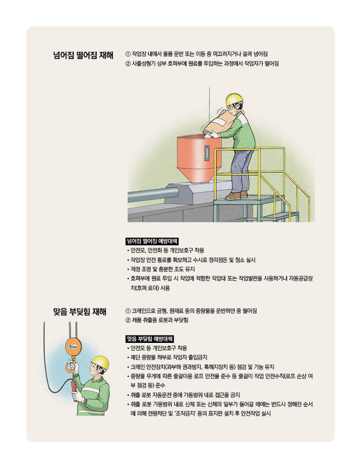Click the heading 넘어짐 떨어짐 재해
click(x=83, y=56)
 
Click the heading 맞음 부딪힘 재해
click(x=79, y=312)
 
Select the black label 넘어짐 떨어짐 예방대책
click(x=152, y=241)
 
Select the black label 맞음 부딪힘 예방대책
click(x=150, y=339)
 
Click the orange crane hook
click(x=71, y=367)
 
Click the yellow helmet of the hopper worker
click(x=235, y=98)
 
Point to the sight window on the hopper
click(x=207, y=153)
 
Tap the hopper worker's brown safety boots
click(x=236, y=195)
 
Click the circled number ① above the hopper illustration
click(x=128, y=54)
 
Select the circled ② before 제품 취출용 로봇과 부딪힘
click(x=128, y=320)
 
